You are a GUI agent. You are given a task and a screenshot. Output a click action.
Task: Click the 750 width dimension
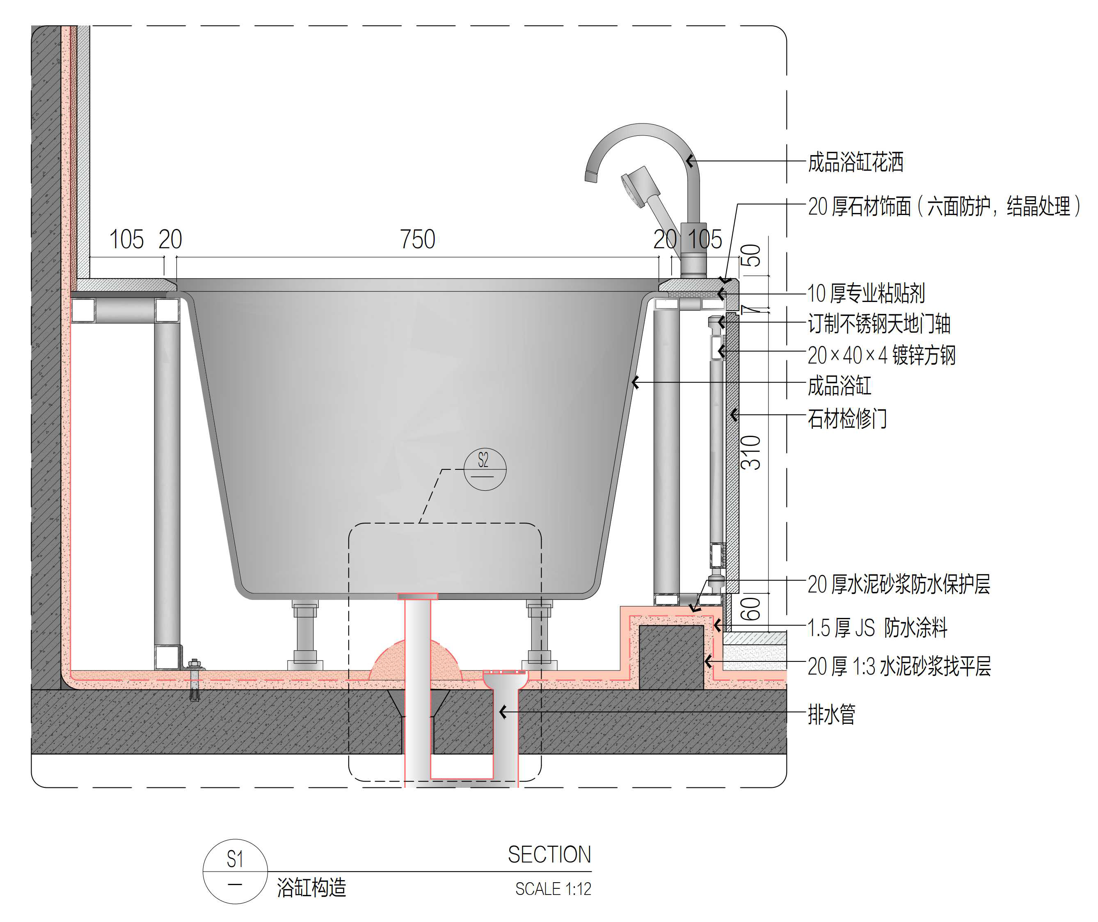click(x=417, y=240)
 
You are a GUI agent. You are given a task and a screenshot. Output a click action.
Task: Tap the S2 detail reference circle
click(x=485, y=469)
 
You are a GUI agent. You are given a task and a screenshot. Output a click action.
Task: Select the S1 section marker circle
click(x=235, y=871)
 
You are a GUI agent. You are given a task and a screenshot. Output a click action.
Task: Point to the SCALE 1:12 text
click(x=553, y=888)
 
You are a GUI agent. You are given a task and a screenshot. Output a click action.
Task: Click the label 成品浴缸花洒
click(x=856, y=162)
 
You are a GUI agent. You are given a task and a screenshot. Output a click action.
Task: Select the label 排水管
click(x=831, y=714)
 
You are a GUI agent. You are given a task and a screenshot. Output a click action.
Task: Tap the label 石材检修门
click(x=847, y=419)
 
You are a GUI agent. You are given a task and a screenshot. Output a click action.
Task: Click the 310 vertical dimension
click(x=751, y=452)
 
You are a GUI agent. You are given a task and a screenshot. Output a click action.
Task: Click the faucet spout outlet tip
click(x=591, y=177)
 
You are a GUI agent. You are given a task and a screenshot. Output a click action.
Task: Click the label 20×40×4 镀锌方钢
click(x=881, y=355)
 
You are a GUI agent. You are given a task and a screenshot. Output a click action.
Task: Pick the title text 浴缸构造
click(x=311, y=888)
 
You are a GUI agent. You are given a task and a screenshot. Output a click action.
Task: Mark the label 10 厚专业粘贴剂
click(x=866, y=293)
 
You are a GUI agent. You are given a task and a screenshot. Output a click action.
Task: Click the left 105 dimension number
click(x=126, y=240)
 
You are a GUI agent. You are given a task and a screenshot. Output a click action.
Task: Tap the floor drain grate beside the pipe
click(x=505, y=673)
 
